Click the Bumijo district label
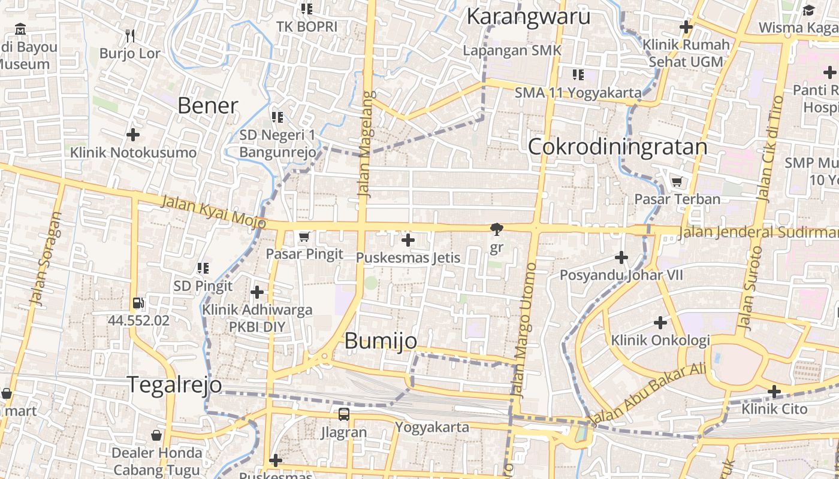point(381,341)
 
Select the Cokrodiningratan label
point(618,147)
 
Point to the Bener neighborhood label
point(208,105)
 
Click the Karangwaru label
point(528,16)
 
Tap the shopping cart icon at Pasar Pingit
point(304,237)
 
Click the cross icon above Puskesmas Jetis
point(408,240)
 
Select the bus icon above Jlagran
point(343,414)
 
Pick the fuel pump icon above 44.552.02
point(138,303)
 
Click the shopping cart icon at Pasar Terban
point(677,181)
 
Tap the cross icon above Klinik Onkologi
point(660,323)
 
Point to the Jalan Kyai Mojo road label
point(213,211)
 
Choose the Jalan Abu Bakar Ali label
point(648,392)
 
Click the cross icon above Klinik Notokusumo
point(133,135)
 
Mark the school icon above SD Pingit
point(203,268)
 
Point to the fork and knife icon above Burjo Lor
point(129,36)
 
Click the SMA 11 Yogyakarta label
point(578,93)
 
